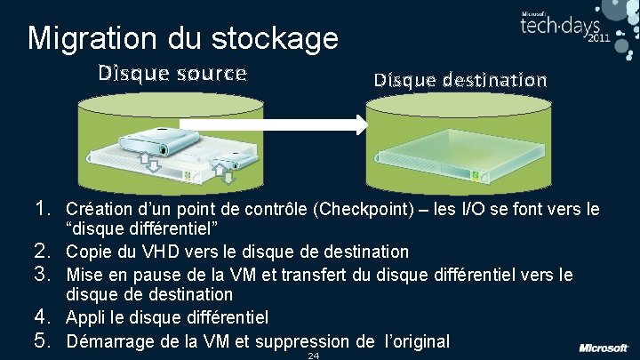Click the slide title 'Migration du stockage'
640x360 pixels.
[183, 37]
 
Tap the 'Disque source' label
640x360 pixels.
[172, 73]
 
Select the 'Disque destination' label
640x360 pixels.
[460, 80]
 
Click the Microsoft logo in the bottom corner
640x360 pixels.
[604, 347]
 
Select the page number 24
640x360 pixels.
[313, 356]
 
